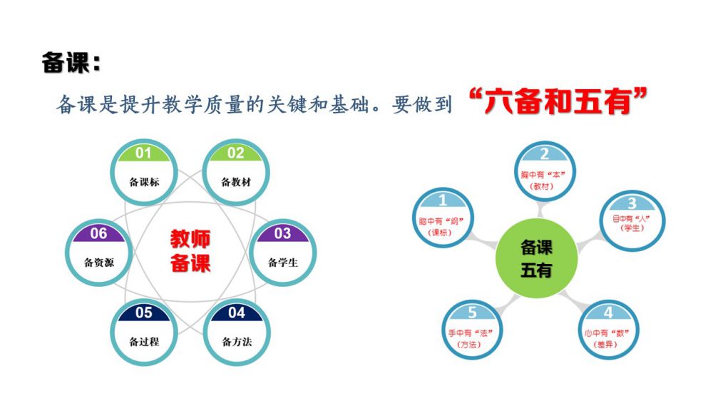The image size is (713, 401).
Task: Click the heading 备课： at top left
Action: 71,62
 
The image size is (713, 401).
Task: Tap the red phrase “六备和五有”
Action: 557,101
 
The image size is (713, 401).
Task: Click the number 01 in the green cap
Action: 143,153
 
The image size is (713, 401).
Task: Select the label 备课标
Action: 144,182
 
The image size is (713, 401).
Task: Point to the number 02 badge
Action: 235,153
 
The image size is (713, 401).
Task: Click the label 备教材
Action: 236,182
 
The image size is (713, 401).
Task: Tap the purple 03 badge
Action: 282,233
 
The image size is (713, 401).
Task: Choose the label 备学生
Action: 283,263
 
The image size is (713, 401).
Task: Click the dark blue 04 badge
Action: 237,313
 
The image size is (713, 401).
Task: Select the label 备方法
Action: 237,342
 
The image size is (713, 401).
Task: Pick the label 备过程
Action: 144,342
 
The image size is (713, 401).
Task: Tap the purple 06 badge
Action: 98,233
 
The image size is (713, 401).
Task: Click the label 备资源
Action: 99,263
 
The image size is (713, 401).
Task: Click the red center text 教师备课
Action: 190,250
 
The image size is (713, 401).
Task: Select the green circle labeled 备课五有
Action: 537,258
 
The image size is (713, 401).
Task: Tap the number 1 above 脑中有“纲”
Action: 443,200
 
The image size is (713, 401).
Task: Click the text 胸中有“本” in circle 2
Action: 543,175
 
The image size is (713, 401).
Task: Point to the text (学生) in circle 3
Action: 632,228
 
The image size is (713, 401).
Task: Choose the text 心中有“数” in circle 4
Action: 607,333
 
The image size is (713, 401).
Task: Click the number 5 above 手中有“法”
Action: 473,313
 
